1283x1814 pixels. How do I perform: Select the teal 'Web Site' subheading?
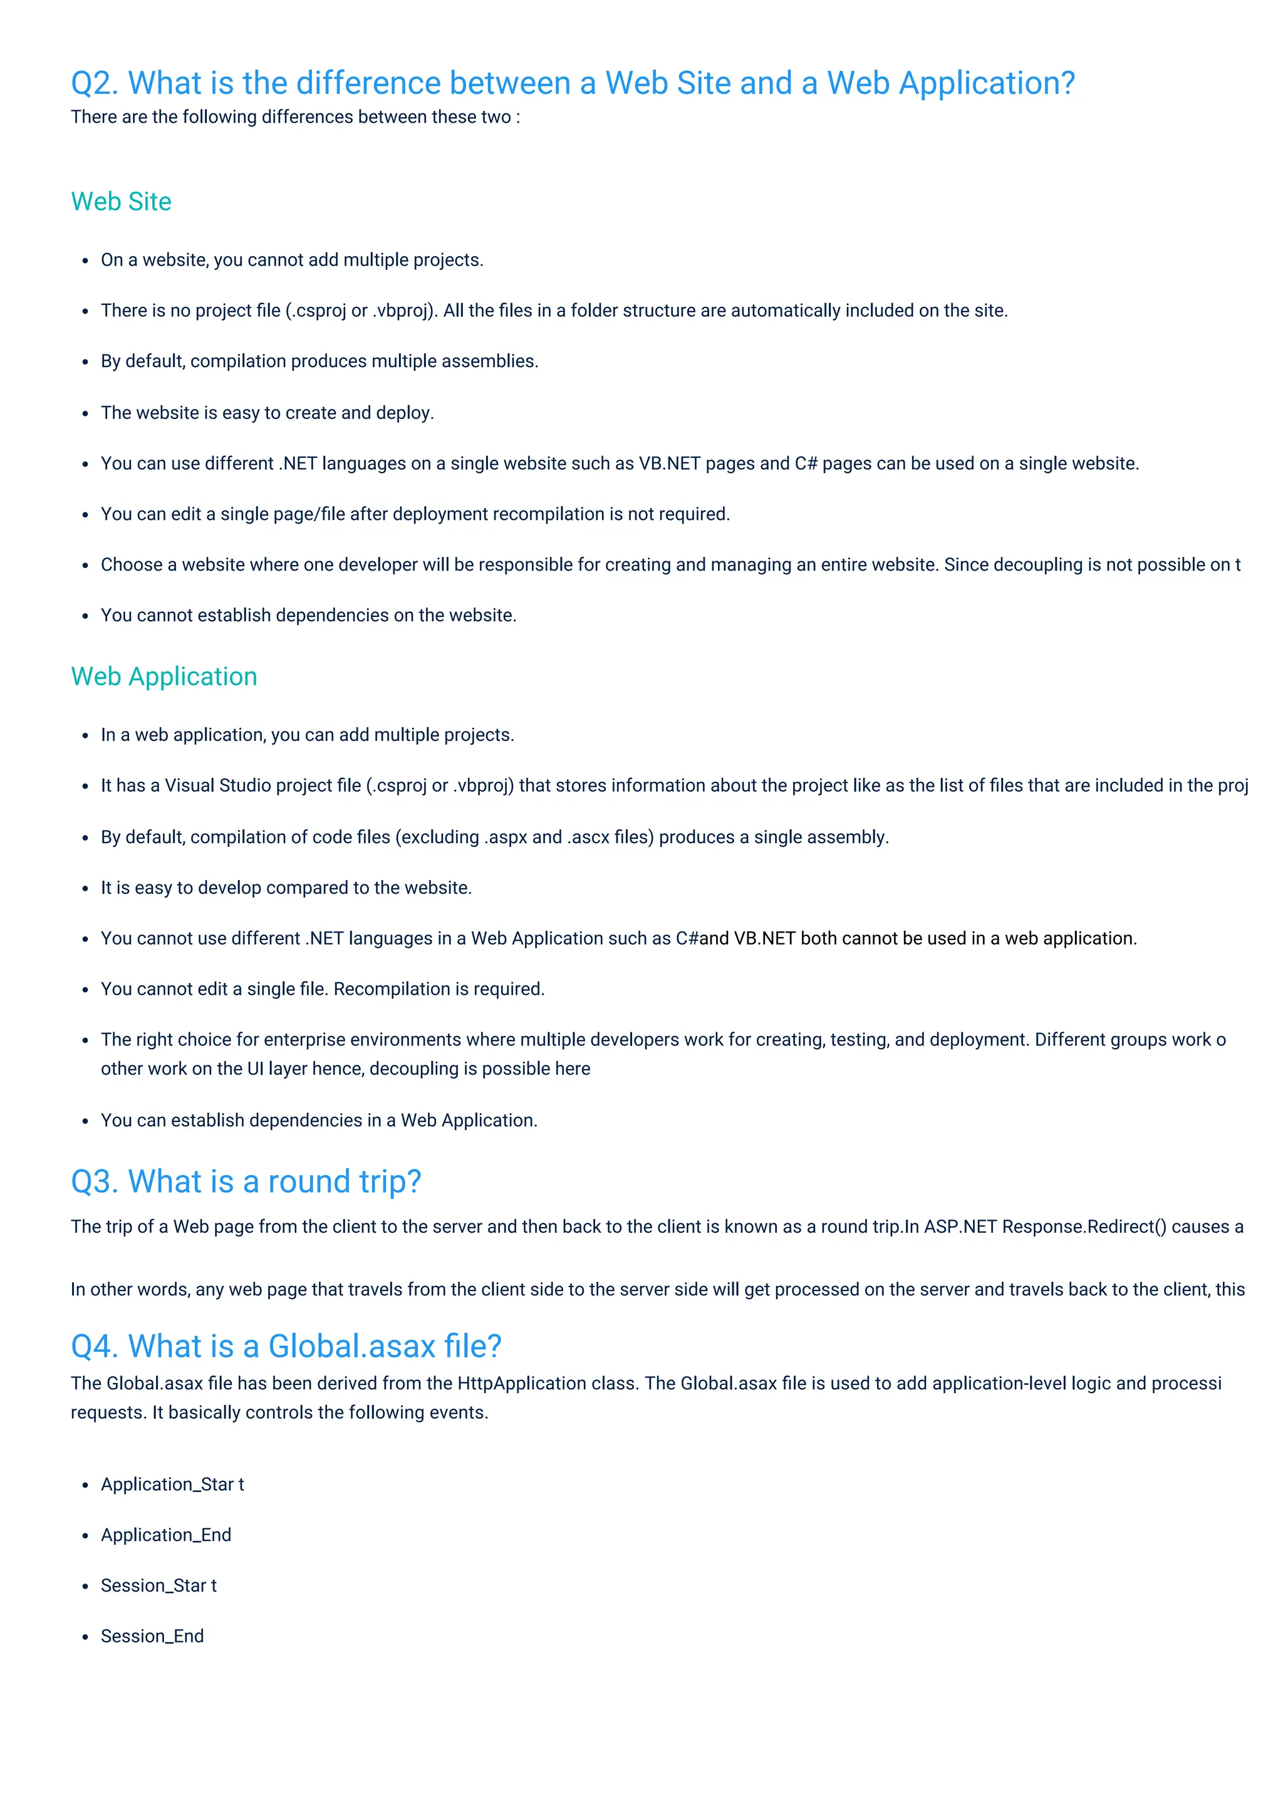coord(121,202)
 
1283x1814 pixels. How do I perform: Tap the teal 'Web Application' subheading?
coord(164,676)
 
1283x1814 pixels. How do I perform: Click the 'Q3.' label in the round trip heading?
coord(95,1182)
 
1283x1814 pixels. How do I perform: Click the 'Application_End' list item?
coord(166,1535)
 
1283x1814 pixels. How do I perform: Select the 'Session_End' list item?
coord(152,1636)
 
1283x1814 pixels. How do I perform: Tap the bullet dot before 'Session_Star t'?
coord(85,1587)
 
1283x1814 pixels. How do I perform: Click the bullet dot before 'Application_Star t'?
coord(85,1485)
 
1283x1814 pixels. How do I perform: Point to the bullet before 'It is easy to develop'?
coord(85,889)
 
